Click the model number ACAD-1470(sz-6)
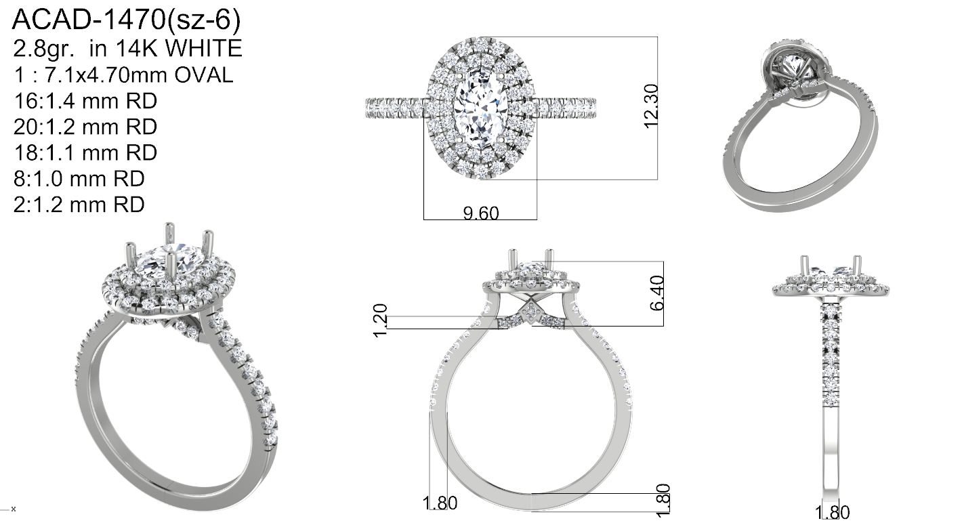(x=126, y=20)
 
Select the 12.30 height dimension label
(x=651, y=106)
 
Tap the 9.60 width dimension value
(x=481, y=213)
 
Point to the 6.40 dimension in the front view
(x=657, y=293)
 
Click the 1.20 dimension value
(x=381, y=320)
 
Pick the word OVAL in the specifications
(x=203, y=75)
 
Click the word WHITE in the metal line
(x=203, y=48)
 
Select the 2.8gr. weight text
(x=43, y=49)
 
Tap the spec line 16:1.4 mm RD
(x=85, y=102)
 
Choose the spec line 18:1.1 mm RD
(x=85, y=153)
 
